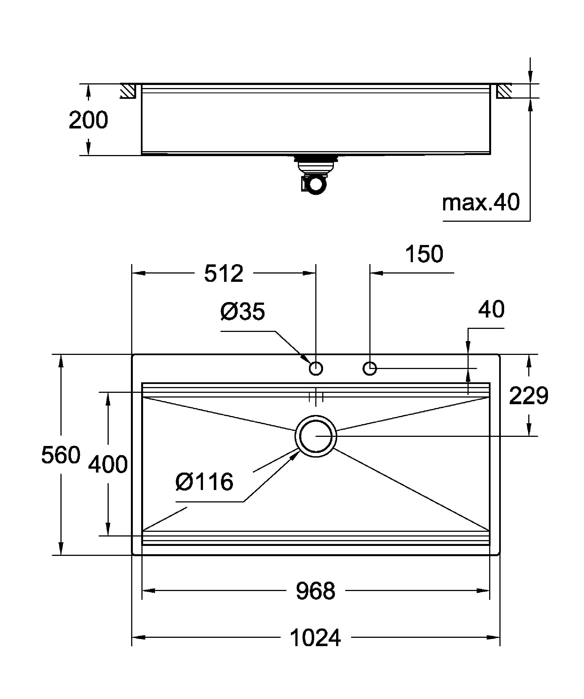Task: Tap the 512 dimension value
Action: tap(224, 274)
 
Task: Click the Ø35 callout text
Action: tap(243, 311)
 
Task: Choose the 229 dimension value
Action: tap(528, 396)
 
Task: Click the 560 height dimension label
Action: tap(61, 455)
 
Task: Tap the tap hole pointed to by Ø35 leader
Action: tap(316, 368)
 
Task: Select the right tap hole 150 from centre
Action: tap(369, 368)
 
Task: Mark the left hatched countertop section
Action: tap(128, 91)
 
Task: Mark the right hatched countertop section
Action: tap(504, 91)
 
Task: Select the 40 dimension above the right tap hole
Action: tap(491, 309)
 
